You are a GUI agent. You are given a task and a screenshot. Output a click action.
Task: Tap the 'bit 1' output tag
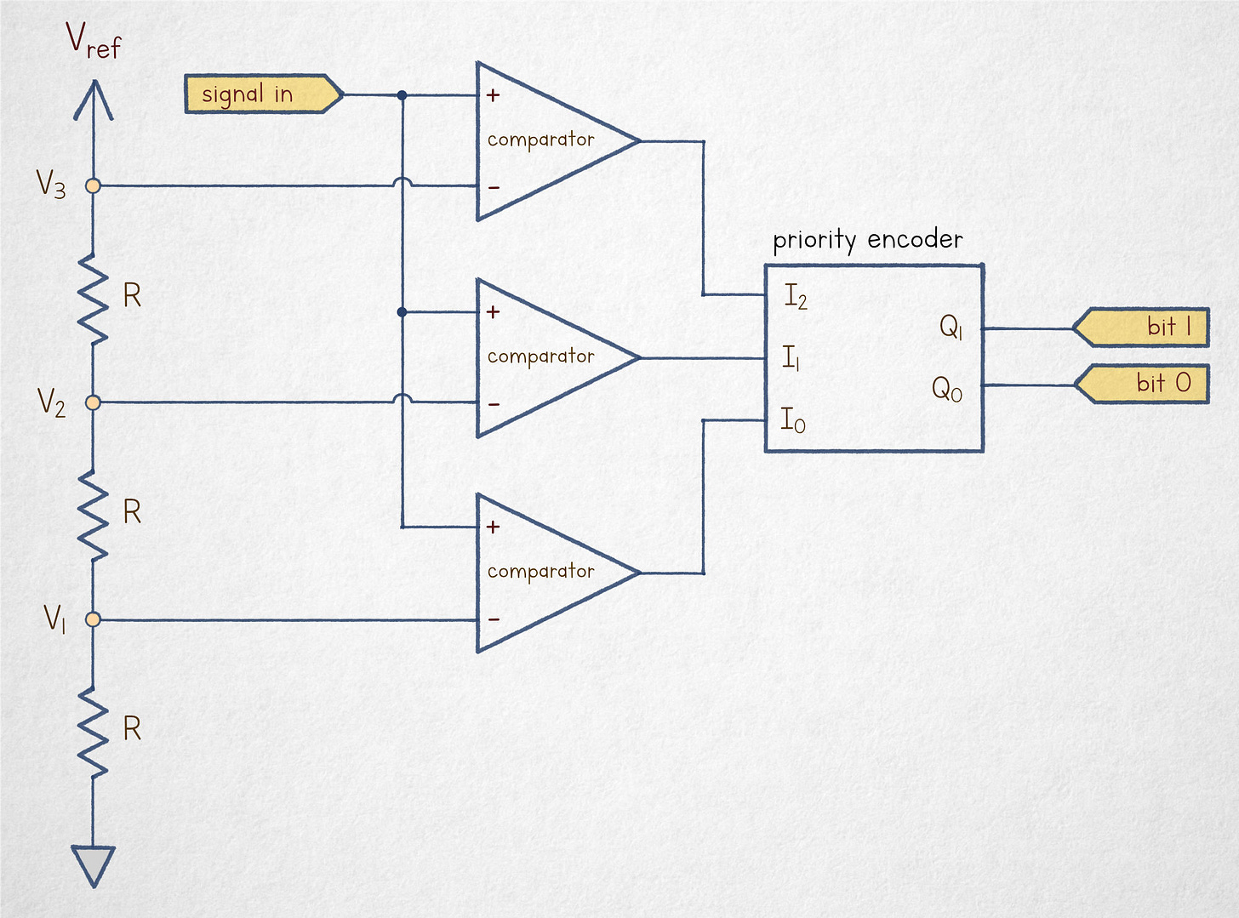(1142, 328)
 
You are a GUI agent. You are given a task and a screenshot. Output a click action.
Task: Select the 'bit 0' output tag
(1144, 384)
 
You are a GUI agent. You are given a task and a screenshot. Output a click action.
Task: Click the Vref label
(94, 40)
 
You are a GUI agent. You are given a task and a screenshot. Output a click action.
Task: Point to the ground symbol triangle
(94, 864)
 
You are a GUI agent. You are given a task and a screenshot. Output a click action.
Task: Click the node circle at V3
(94, 185)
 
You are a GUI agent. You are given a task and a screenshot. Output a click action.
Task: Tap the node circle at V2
(94, 402)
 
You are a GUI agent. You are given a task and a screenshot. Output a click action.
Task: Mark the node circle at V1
(94, 620)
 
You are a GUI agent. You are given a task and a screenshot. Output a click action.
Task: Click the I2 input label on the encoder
(795, 297)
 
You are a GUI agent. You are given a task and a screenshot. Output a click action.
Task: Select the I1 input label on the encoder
(791, 358)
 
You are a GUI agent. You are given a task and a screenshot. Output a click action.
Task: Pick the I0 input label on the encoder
(792, 420)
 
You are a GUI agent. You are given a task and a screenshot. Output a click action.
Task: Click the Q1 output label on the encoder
(951, 327)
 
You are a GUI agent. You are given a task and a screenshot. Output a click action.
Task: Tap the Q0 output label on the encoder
(946, 390)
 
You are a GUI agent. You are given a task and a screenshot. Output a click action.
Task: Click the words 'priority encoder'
(867, 240)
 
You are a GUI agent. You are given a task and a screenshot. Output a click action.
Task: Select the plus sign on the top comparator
(493, 95)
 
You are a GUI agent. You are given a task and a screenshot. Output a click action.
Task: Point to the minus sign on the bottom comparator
(494, 619)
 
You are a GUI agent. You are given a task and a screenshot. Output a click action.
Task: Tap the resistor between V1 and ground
(94, 730)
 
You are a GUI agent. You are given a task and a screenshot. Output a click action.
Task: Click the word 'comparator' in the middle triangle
(540, 357)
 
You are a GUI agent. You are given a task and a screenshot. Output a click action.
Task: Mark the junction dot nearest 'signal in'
(402, 95)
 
